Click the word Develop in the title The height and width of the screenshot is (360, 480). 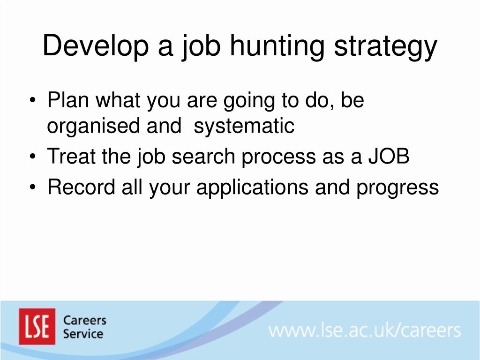point(96,46)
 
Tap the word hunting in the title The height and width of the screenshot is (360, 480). point(277,46)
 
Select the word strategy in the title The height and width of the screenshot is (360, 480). point(385,47)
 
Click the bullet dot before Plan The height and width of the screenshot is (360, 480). point(33,100)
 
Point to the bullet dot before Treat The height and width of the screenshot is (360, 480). point(33,157)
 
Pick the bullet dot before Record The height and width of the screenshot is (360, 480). point(33,187)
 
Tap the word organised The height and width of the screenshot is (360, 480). point(93,126)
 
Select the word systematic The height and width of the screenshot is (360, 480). point(244,126)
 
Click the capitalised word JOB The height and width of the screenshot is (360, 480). point(389,156)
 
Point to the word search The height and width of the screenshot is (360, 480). point(203,156)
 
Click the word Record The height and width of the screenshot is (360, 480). point(81,187)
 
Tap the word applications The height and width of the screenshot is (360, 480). point(252,187)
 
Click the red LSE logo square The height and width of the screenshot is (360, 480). point(37,326)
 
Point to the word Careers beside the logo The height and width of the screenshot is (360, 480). point(84,321)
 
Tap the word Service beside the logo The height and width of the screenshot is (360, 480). point(83,334)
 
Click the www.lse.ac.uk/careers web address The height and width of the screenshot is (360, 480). point(364,330)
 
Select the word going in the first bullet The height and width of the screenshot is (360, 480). point(249,102)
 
